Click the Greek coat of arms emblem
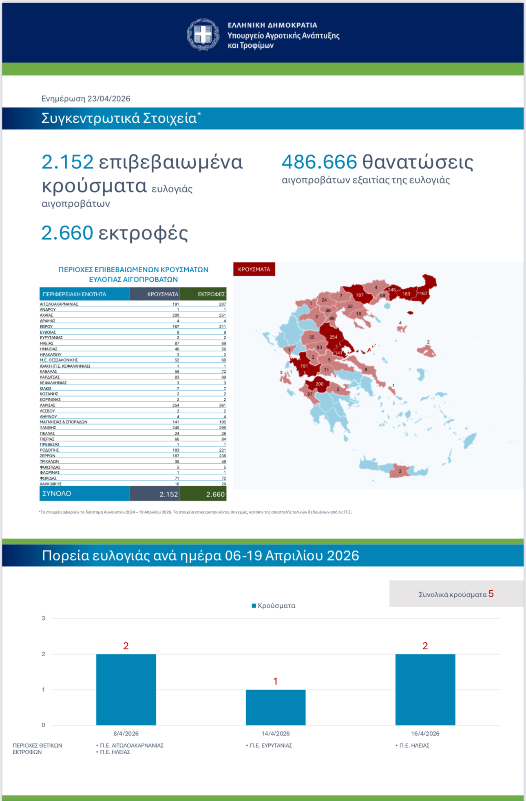click(x=203, y=34)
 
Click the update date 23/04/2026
click(x=109, y=99)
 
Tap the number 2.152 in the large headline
click(x=68, y=162)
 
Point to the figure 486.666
click(x=319, y=162)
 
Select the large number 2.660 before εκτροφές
click(x=67, y=233)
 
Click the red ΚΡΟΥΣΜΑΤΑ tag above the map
click(x=254, y=269)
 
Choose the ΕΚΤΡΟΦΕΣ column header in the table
click(x=203, y=294)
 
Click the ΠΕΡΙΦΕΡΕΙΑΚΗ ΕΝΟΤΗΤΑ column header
click(x=84, y=294)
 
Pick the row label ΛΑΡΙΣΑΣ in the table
click(x=47, y=406)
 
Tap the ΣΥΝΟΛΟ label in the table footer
click(x=57, y=494)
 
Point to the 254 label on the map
click(x=334, y=337)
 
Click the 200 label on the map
click(x=320, y=384)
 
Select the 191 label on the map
click(x=304, y=366)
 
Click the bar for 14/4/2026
click(x=276, y=707)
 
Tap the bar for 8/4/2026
click(x=126, y=690)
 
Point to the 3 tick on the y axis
click(x=44, y=618)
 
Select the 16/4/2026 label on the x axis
click(x=425, y=734)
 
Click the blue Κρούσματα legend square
click(x=254, y=606)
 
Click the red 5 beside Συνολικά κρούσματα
click(x=491, y=594)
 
